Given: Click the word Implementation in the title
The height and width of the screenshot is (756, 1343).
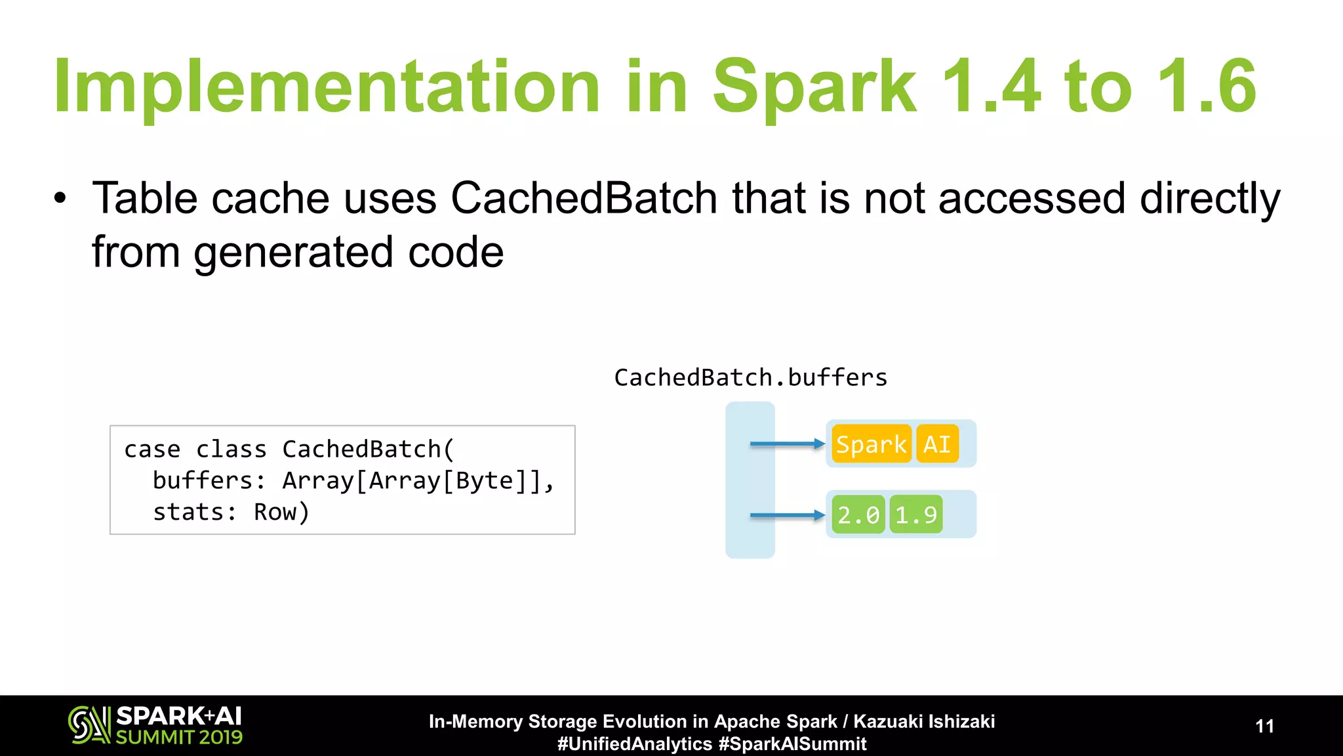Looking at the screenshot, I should point(326,87).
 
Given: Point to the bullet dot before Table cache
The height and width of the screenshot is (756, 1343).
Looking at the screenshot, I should point(60,198).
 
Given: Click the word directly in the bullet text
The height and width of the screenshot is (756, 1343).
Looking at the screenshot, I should point(1209,199).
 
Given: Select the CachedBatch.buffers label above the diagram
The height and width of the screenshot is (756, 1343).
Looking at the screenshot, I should point(750,377).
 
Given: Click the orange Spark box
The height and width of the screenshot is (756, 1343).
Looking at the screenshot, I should point(872,444).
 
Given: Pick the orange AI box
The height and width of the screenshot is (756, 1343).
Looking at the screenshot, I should point(937,444).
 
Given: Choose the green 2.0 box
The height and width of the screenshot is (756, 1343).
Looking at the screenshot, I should point(858,514).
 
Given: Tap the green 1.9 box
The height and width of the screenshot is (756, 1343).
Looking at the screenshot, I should point(916,514).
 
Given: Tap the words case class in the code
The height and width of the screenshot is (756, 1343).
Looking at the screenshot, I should point(195,450).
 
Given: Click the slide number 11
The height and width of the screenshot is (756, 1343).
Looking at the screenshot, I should point(1264,726).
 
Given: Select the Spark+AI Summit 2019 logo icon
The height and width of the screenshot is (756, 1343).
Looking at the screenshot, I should point(89,725).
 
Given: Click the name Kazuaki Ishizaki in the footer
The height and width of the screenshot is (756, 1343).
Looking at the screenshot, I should point(924,721).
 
